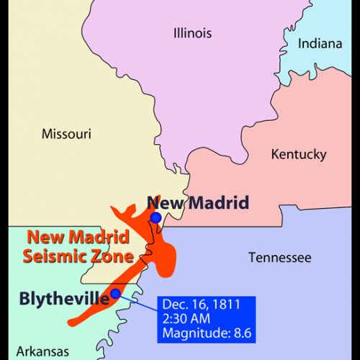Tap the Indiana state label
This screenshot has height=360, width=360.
tap(321, 44)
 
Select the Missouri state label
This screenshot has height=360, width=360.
tap(66, 133)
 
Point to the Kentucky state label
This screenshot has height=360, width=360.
tap(298, 154)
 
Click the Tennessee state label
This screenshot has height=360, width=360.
tap(279, 257)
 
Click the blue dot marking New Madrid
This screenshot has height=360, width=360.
tap(156, 217)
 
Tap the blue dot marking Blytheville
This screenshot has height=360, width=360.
tap(114, 293)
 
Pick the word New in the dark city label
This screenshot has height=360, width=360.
tap(162, 202)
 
